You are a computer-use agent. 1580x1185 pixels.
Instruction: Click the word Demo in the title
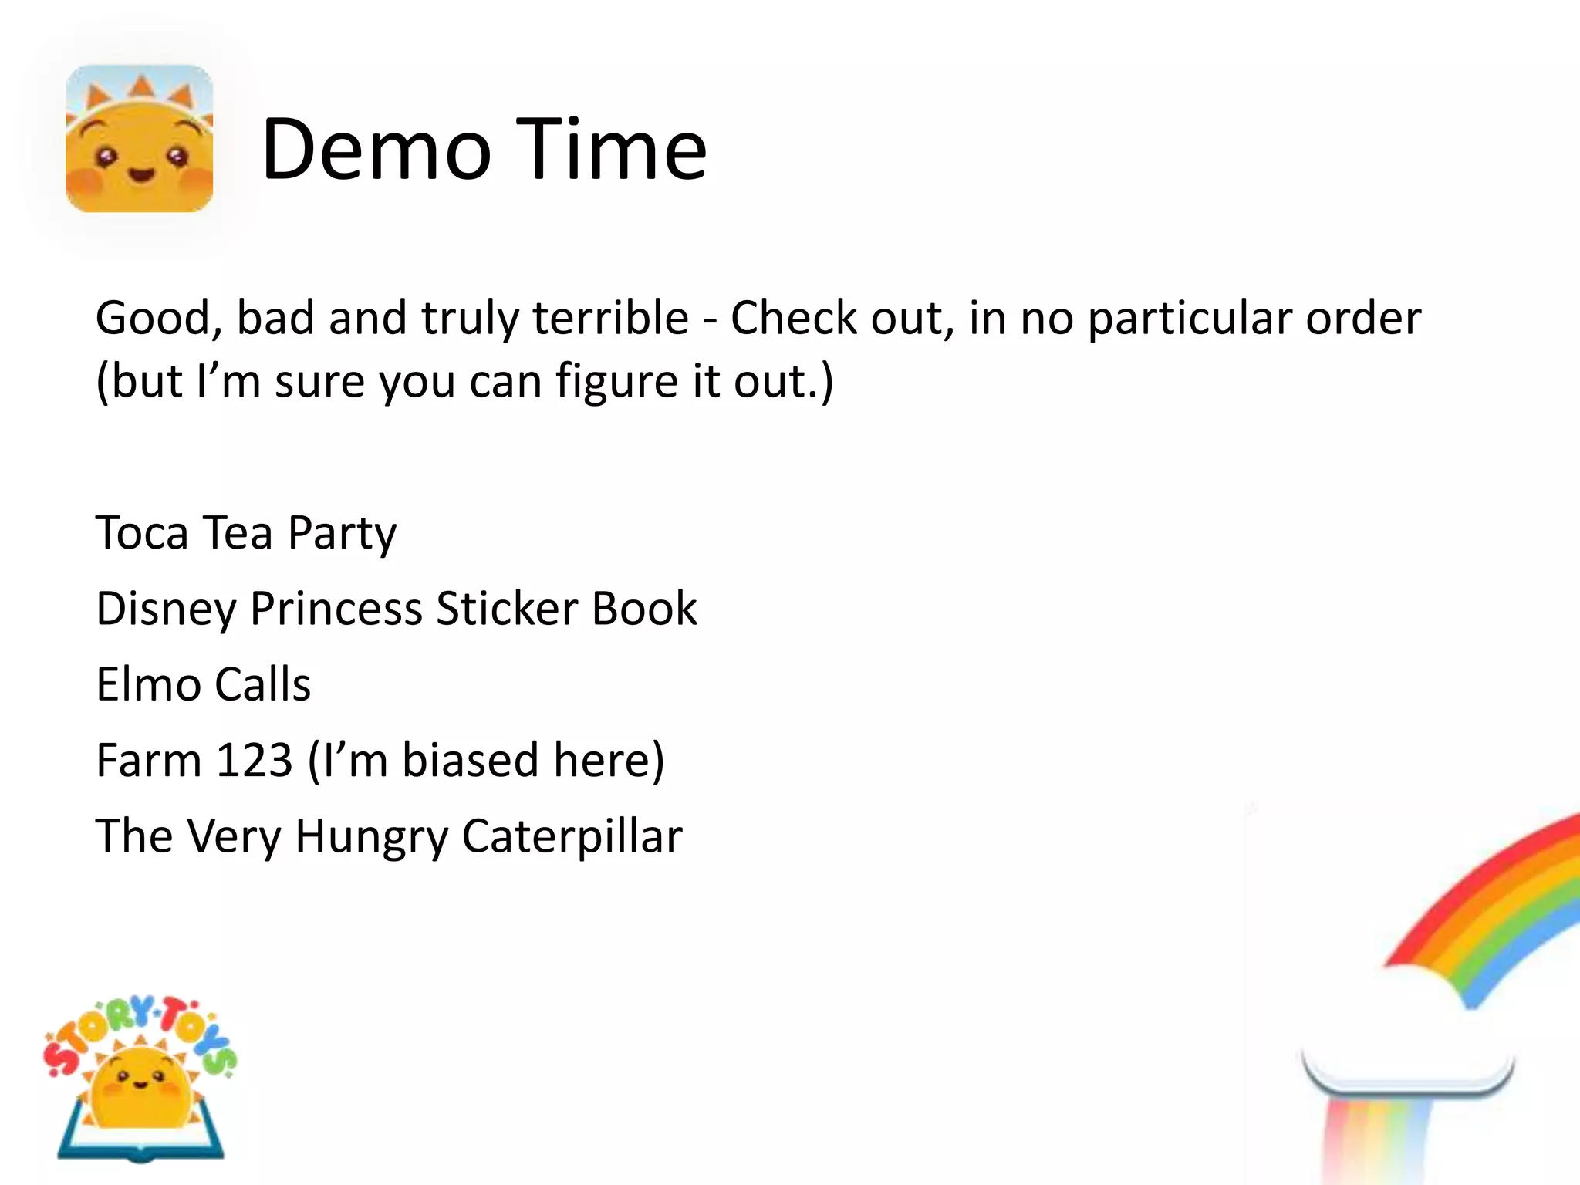[x=376, y=150]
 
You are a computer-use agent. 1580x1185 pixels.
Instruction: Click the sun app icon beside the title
[x=140, y=139]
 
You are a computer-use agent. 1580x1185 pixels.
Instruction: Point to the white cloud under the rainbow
[x=1409, y=1034]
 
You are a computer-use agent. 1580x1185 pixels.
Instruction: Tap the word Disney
[x=166, y=609]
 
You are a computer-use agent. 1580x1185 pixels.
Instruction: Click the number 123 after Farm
[x=254, y=761]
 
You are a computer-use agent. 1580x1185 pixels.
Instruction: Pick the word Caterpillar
[x=572, y=837]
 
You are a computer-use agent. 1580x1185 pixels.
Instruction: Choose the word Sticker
[x=506, y=609]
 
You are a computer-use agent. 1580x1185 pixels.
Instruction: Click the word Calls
[x=262, y=684]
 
